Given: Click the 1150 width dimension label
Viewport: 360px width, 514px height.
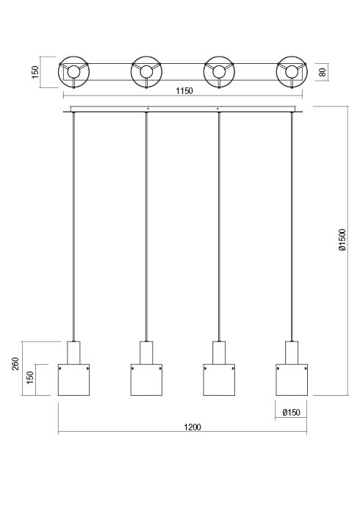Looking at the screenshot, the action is click(x=184, y=91).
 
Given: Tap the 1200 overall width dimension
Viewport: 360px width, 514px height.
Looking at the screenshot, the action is click(x=192, y=427).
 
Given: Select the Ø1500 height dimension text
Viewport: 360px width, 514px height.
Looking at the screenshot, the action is click(x=342, y=240).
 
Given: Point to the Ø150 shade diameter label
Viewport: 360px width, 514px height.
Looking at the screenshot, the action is click(x=291, y=412).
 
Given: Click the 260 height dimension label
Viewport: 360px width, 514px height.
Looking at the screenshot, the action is click(x=15, y=364).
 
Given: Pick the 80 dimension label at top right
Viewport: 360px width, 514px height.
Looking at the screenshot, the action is click(x=323, y=72).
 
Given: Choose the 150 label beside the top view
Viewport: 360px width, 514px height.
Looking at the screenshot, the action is click(x=35, y=72).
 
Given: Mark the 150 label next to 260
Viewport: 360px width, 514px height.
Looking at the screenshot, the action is click(x=30, y=378).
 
